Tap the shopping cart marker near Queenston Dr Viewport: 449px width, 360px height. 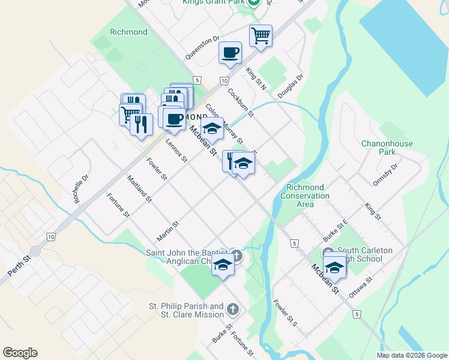(261, 35)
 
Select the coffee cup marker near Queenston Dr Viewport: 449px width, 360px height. (230, 53)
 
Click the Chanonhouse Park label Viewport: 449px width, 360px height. (387, 148)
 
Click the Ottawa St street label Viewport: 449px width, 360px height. (361, 289)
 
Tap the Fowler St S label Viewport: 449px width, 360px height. (285, 313)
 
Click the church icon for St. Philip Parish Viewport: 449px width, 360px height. (233, 310)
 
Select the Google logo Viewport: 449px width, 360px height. (20, 353)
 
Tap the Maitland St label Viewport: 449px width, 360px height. (139, 188)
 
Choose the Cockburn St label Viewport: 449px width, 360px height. (240, 103)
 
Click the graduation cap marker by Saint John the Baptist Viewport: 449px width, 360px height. (223, 264)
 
